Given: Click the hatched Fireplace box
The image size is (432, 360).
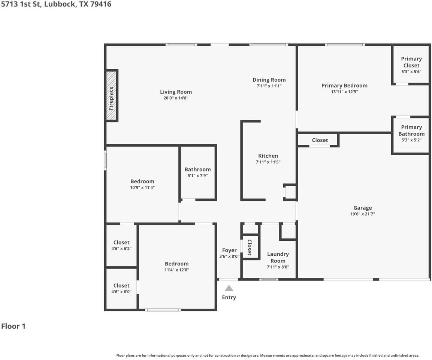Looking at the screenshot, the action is pos(112,95).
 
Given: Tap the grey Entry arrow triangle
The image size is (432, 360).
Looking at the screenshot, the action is pos(229,288).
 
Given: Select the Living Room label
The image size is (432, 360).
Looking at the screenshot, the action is pos(176,92).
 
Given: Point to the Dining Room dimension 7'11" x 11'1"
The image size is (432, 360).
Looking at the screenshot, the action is pos(269,86).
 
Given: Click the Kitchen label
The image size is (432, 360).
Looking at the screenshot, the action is pos(268,156).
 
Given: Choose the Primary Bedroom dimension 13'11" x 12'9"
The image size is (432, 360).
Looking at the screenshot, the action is pos(344,92).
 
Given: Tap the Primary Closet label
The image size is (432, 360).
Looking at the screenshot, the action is pos(411,62).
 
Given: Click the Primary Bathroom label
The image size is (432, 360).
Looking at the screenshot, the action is pos(411,130).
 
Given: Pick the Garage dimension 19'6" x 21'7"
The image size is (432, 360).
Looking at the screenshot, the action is pos(363,214).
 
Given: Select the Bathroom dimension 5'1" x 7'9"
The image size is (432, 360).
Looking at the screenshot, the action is pos(197,175).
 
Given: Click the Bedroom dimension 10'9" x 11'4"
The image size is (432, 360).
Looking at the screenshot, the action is pos(142,188).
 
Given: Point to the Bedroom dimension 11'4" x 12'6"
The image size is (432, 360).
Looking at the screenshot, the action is pos(176,270).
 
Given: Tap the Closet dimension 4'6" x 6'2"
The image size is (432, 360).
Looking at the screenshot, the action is pos(121,249).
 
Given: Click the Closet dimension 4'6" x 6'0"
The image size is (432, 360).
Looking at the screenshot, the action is pos(121,292).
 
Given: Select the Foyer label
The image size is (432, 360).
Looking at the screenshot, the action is pos(229,250).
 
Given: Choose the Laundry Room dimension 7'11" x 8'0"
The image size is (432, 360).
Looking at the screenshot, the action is pos(278,267).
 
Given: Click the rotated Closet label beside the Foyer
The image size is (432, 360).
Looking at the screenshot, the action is pos(249,247).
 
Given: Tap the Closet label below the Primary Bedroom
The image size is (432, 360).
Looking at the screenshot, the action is pos(320,140).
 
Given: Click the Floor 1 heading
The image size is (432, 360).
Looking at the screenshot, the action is pos(13,326).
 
